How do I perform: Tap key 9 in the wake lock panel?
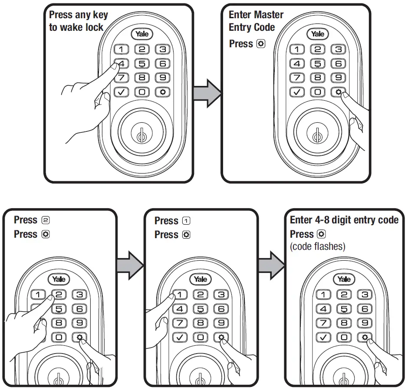(x=162, y=78)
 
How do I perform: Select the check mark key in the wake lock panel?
(x=122, y=92)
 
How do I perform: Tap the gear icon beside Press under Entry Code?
(x=260, y=44)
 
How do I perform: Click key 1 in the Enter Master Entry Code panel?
(x=298, y=49)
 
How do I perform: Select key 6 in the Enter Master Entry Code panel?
(x=339, y=64)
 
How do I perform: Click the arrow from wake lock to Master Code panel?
(x=207, y=92)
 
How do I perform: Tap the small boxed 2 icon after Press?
(x=45, y=220)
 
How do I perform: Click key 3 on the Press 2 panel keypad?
(x=79, y=295)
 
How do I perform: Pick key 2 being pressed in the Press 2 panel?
(x=59, y=295)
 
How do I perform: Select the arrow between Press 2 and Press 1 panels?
(x=130, y=264)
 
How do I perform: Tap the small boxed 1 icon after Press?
(x=186, y=221)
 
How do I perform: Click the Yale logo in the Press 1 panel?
(x=200, y=279)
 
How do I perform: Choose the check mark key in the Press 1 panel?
(x=180, y=337)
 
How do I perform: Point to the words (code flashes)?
(x=317, y=246)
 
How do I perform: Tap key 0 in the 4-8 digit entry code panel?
(x=344, y=337)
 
